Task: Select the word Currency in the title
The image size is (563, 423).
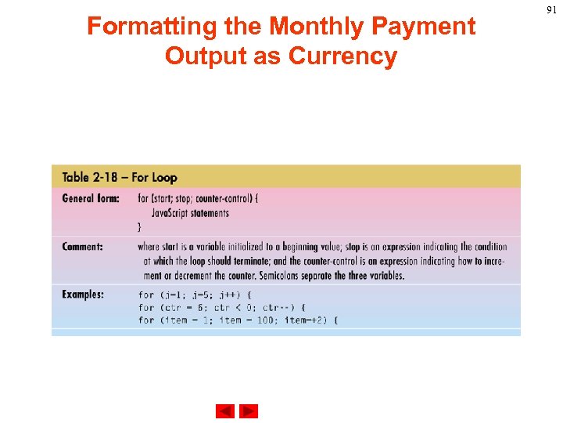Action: click(343, 56)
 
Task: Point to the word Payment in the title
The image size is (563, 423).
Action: click(423, 27)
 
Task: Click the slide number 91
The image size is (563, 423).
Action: click(552, 9)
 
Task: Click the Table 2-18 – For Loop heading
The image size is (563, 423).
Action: click(120, 178)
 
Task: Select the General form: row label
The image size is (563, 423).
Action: click(91, 198)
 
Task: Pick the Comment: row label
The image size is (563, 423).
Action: click(83, 247)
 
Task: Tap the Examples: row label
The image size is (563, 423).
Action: click(83, 295)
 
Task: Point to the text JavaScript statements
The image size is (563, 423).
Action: click(190, 212)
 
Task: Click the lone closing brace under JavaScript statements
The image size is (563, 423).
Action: click(140, 226)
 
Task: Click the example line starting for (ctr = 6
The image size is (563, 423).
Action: click(221, 308)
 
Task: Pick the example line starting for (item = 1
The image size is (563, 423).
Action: click(238, 320)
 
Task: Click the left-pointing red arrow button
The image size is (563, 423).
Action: click(225, 411)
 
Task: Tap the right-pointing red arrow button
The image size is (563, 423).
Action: click(249, 411)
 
